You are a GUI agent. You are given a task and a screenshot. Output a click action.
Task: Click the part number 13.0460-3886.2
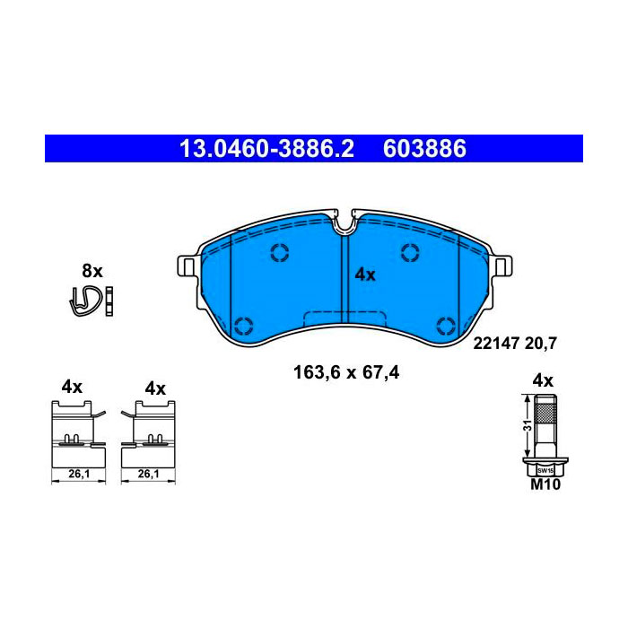pos(266,149)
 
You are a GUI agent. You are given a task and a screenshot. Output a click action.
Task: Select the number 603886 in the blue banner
pos(424,149)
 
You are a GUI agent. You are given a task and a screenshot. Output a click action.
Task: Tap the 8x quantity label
pos(92,271)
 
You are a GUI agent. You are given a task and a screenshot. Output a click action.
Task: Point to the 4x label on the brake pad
pos(365,275)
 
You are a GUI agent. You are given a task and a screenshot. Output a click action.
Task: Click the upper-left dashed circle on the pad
pos(280,253)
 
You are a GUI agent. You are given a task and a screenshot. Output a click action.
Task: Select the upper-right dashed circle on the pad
pos(410,253)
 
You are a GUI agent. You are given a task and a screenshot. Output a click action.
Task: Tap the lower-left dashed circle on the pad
pos(243,326)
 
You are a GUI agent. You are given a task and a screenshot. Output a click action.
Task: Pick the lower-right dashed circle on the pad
pos(446,326)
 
